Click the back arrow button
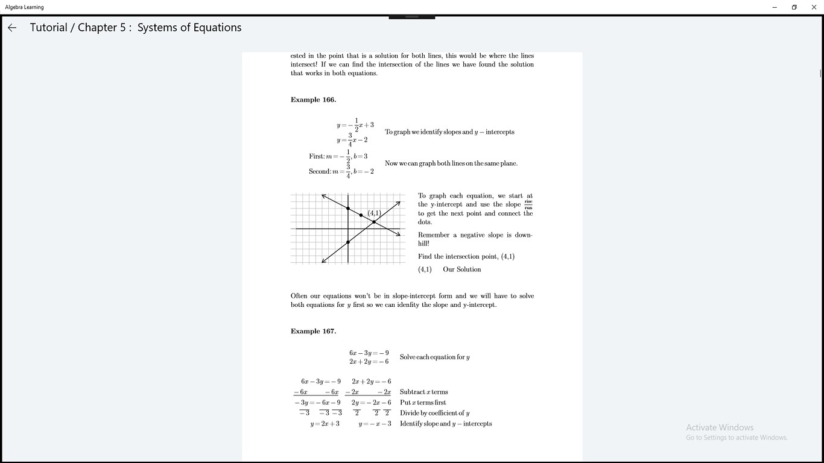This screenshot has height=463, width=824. [12, 28]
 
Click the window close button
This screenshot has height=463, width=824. [813, 7]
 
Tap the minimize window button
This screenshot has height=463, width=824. [775, 7]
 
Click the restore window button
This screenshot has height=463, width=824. [794, 7]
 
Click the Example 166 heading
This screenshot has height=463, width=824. [313, 100]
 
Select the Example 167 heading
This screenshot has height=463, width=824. [313, 332]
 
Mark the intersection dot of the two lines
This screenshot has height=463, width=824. [374, 222]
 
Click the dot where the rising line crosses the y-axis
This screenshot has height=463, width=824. [348, 242]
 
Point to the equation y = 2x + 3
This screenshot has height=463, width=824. [325, 424]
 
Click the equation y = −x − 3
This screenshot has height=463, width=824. [375, 424]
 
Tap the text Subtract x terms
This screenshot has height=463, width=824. [423, 392]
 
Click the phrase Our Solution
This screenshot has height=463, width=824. [461, 269]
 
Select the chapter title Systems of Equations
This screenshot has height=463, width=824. [189, 28]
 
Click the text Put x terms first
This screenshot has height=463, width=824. [423, 403]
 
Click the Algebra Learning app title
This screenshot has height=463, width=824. [24, 7]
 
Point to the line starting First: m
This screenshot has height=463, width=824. [338, 157]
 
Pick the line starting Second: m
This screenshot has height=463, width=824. [341, 171]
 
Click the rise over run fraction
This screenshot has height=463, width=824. [528, 205]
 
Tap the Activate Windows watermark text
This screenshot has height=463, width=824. [720, 427]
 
